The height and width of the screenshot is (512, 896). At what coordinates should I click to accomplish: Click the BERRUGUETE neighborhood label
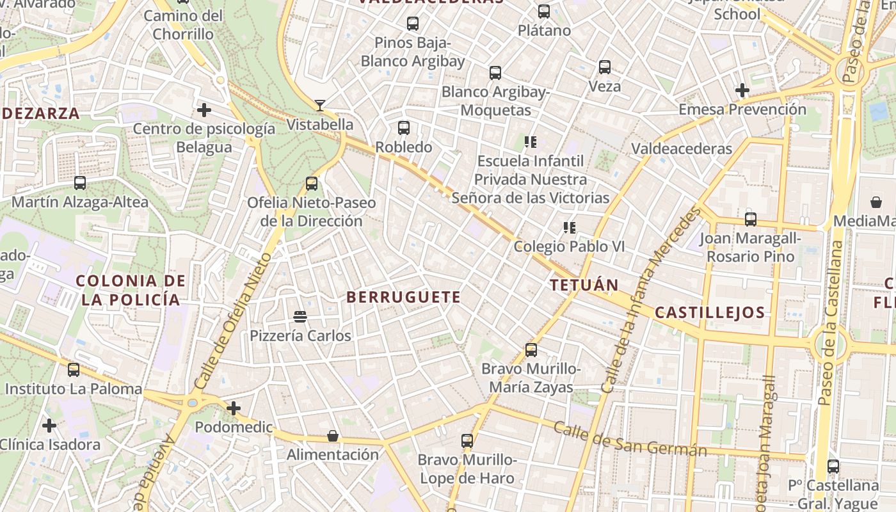click(x=403, y=297)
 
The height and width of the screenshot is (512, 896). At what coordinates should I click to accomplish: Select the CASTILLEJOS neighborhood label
click(x=709, y=312)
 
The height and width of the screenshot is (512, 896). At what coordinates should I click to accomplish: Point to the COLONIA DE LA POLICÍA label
click(x=131, y=290)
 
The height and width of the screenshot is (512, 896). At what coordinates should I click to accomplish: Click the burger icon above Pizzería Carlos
click(x=300, y=316)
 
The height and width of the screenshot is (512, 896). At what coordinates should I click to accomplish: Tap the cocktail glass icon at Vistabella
click(x=319, y=105)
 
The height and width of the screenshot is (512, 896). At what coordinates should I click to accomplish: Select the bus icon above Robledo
click(x=404, y=127)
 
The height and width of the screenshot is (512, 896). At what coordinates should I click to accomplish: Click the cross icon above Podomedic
click(x=234, y=408)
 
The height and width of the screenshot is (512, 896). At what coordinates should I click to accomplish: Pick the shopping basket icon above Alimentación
click(x=333, y=436)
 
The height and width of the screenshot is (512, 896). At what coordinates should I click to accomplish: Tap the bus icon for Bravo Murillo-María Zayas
click(x=531, y=350)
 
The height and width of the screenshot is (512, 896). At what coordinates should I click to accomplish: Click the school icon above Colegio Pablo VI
click(x=569, y=227)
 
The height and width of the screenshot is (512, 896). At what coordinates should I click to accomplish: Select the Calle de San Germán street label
click(x=630, y=439)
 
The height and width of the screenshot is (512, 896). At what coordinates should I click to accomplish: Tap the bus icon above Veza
click(x=605, y=67)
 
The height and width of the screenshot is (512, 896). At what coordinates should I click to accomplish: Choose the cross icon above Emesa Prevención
click(x=742, y=90)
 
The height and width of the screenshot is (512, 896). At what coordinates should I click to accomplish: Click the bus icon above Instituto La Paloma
click(x=74, y=369)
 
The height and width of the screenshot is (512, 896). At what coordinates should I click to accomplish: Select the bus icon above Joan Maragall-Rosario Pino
click(x=751, y=220)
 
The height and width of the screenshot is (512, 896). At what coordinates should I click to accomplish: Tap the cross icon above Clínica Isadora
click(x=49, y=425)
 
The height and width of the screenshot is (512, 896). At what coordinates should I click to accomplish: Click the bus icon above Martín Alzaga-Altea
click(x=80, y=183)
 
